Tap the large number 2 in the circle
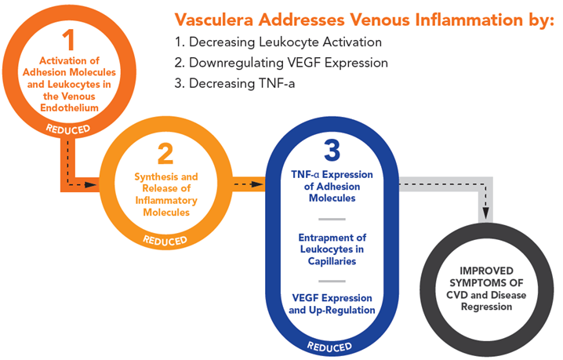point(165,151)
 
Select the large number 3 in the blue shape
point(332,149)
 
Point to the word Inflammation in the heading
point(427,18)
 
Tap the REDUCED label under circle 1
point(67,128)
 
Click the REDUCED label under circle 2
point(165,239)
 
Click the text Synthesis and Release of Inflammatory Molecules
point(166,195)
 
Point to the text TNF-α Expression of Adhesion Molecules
point(332,186)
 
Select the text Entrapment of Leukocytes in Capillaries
point(332,249)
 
